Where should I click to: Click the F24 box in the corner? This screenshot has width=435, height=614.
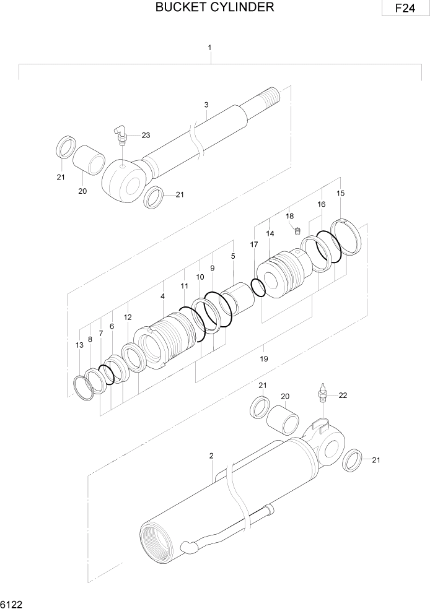[406, 9]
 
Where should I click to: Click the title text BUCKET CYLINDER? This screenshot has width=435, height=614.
[214, 7]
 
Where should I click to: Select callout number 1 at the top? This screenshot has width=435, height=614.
[210, 48]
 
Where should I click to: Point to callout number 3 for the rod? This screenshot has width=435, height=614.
[206, 105]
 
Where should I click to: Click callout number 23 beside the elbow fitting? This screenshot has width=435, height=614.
[146, 135]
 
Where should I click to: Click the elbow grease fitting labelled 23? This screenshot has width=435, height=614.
[121, 132]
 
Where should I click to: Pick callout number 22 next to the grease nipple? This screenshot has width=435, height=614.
[342, 395]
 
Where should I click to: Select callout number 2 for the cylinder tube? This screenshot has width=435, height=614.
[211, 456]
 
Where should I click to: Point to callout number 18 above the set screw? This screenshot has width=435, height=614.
[289, 216]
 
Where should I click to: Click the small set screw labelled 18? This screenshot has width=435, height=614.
[297, 231]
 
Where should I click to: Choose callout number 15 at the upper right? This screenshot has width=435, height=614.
[340, 194]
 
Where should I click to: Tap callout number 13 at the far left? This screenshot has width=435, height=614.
[79, 345]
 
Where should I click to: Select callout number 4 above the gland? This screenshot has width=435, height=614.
[162, 296]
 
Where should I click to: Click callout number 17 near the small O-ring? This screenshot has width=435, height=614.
[253, 245]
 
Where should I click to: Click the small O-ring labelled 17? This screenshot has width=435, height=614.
[258, 288]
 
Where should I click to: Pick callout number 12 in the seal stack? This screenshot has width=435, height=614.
[128, 317]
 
